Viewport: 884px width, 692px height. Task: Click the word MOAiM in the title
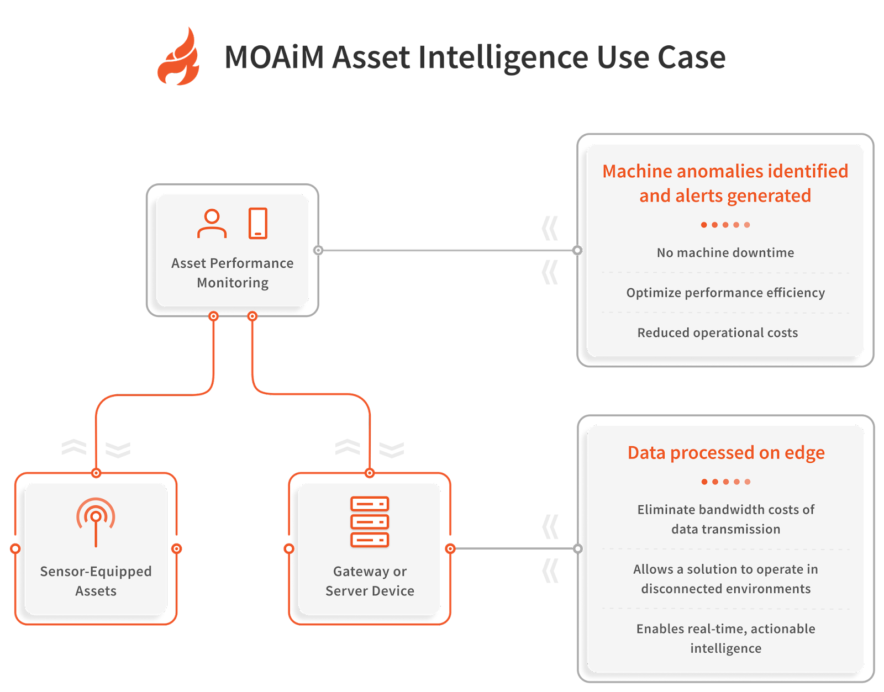273,57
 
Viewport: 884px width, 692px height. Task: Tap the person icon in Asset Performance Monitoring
212,224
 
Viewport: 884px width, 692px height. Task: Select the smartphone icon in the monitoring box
257,223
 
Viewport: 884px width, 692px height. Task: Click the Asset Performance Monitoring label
232,273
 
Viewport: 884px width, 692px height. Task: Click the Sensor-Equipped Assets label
96,581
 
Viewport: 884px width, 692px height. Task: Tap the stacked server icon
370,522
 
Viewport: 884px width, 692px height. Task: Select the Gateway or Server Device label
370,581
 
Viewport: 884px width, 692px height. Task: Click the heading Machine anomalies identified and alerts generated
725,183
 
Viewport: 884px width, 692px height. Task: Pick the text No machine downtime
725,253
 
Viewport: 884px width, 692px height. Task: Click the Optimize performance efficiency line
725,293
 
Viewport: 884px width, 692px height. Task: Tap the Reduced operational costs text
717,333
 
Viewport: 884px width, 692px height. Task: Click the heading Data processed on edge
725,453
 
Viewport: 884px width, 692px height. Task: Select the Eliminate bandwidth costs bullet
725,519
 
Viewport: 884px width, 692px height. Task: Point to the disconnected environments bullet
725,579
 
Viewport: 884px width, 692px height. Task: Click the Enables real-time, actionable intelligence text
725,638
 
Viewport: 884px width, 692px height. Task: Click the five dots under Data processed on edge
725,482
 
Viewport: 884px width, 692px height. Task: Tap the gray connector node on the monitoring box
318,250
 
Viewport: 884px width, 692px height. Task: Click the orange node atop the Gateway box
370,473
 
